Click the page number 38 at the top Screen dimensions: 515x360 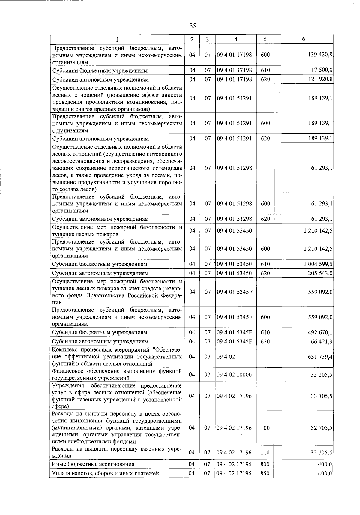tap(193, 26)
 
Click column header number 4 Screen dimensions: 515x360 tap(236, 39)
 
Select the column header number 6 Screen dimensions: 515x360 tap(304, 39)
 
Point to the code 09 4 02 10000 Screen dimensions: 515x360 tap(234, 375)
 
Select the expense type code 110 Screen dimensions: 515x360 tap(265, 453)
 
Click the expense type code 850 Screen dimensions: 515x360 tap(265, 473)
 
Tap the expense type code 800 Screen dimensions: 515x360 tap(265, 464)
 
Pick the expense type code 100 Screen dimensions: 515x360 tap(265, 428)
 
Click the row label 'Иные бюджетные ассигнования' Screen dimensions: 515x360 tap(93, 464)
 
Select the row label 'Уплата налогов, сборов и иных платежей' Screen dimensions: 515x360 tap(105, 473)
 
